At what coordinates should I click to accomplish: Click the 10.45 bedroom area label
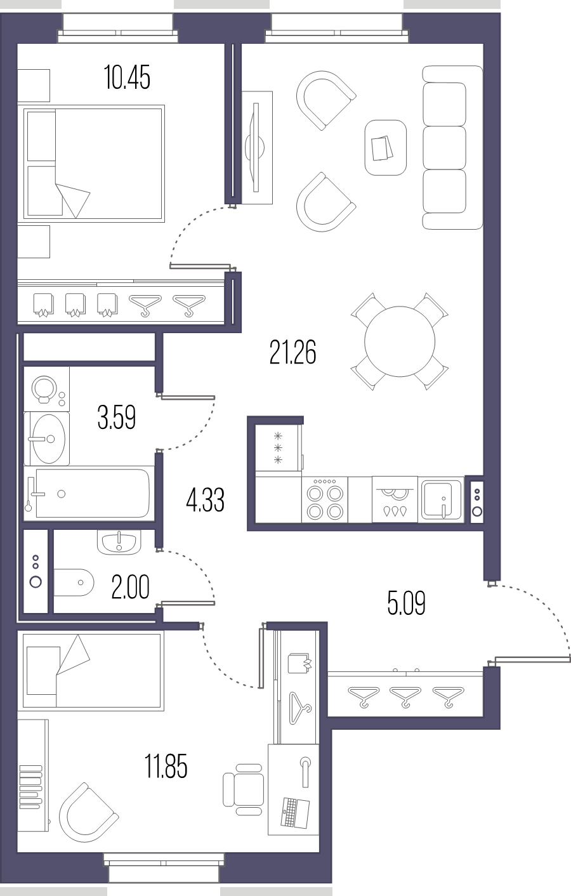pos(127,77)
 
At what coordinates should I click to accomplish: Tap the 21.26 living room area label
pos(292,352)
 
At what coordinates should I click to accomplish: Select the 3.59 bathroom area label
pos(116,417)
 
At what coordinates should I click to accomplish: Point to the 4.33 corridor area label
pos(205,500)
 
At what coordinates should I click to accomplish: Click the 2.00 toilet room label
pos(130,587)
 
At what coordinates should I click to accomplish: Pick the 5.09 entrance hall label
pos(406,603)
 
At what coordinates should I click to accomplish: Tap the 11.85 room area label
pos(166,767)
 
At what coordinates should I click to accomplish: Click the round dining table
pos(400,341)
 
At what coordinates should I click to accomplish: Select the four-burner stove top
pos(325,499)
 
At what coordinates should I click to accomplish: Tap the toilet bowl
pos(74,583)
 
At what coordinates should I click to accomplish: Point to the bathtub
pos(89,494)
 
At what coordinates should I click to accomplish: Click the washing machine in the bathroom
pos(46,389)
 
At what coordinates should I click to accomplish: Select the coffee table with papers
pos(386,148)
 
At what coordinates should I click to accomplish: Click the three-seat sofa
pos(452,148)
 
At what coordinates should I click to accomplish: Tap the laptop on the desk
pos(295,813)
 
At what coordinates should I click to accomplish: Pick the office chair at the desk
pos(243,789)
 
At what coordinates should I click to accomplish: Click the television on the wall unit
pos(255,148)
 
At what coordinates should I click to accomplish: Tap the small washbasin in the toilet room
pos(119,542)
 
